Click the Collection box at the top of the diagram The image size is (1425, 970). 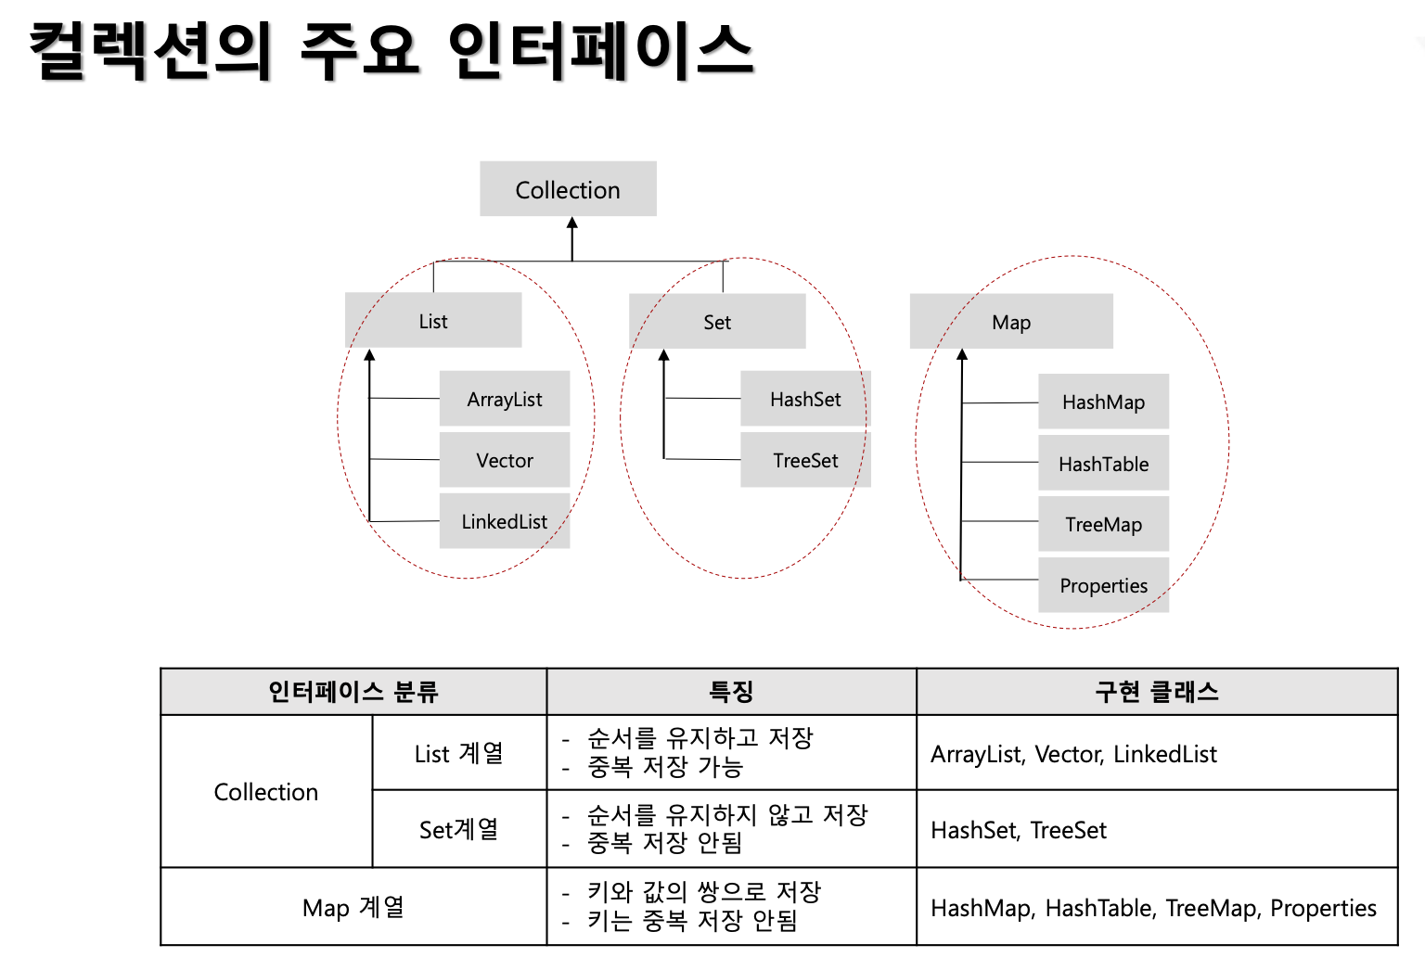568,189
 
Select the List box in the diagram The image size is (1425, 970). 433,321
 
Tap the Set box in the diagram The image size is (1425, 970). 717,322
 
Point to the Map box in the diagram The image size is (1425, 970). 1011,322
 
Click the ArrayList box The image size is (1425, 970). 505,399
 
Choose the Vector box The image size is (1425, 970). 505,460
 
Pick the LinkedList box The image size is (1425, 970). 505,521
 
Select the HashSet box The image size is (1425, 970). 805,399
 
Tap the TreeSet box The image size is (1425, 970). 805,460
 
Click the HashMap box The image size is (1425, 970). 1103,402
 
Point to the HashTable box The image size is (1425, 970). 1103,464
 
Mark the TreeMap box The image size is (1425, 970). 1103,524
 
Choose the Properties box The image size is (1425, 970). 1103,585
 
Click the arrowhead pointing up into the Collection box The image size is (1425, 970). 572,223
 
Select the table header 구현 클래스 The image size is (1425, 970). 1157,692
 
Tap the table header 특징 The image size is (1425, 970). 731,692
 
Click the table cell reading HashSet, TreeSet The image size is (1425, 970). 1019,830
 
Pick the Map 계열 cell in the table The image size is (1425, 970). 353,907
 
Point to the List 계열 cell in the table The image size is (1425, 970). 458,753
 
